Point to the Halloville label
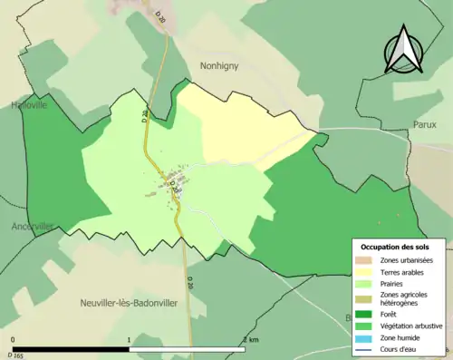(28, 105)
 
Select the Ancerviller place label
(33, 226)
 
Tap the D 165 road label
(15, 355)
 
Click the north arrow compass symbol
(402, 50)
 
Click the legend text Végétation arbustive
(412, 325)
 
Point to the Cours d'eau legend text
(400, 349)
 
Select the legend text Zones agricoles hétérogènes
(404, 298)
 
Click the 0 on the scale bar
(13, 339)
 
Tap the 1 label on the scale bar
(130, 339)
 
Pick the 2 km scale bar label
(251, 339)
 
